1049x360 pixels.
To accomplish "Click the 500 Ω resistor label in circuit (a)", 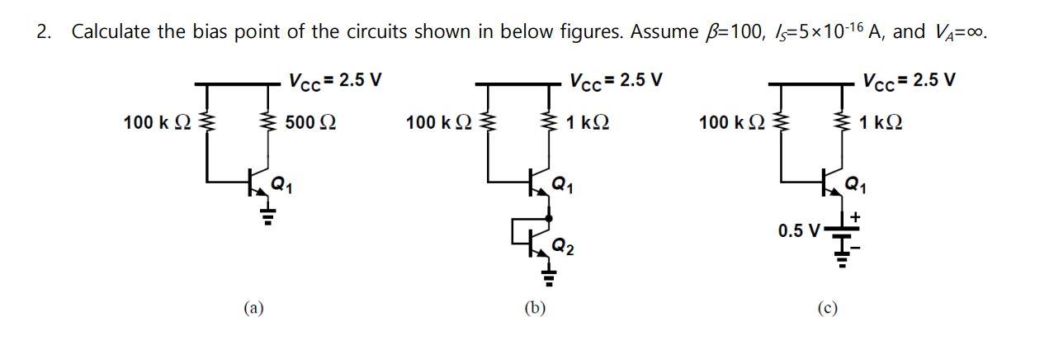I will coord(310,123).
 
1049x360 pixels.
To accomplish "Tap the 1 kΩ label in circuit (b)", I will coord(588,123).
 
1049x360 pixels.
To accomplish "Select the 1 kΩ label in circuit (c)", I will coord(880,123).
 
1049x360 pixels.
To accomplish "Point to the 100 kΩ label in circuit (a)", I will coord(157,123).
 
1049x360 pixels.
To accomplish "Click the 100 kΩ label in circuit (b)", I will coord(440,123).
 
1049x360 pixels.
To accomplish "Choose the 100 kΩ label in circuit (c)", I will coord(733,123).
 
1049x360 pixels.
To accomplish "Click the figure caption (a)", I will coord(253,308).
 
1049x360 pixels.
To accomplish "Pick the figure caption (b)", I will coord(535,308).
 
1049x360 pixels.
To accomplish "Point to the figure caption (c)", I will coord(827,308).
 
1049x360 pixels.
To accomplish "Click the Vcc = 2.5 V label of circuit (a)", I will coord(333,81).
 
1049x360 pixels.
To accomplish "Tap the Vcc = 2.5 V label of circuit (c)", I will coord(909,81).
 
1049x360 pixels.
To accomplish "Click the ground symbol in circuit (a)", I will coord(267,216).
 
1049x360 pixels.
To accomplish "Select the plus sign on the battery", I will coord(855,217).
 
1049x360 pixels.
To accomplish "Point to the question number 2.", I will coord(44,32).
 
